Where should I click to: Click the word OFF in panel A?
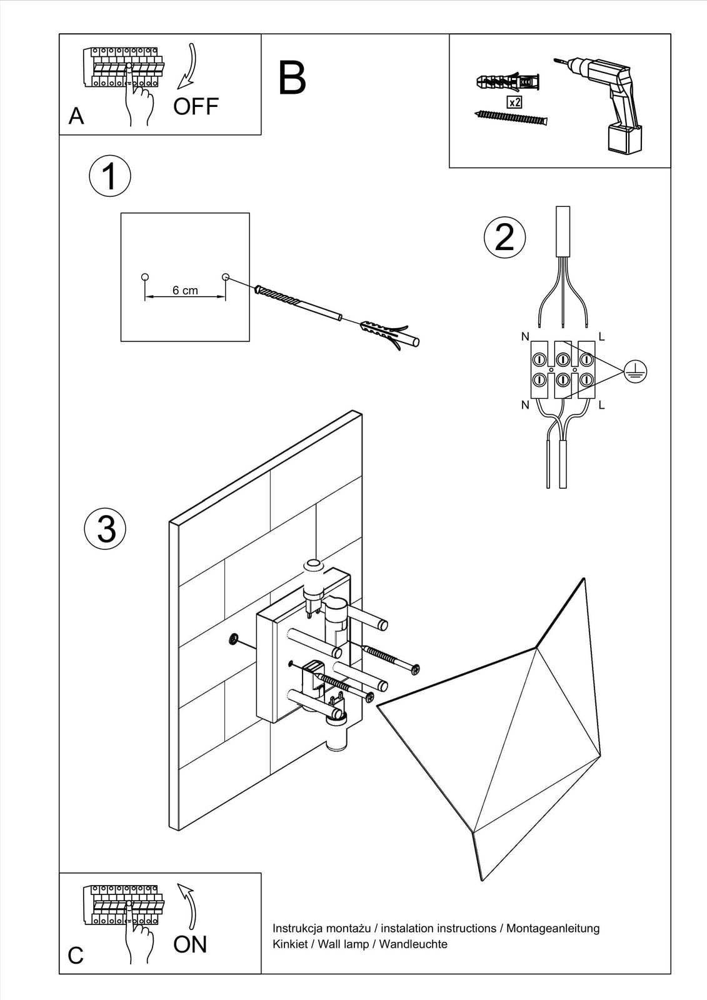pos(196,107)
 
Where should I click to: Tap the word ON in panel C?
pos(190,944)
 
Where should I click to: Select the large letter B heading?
pos(292,78)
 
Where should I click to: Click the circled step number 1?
pos(110,176)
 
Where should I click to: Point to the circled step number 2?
pos(504,237)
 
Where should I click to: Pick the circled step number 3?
pos(106,529)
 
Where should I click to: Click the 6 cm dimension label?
pos(185,291)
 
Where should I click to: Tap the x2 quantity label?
pos(514,102)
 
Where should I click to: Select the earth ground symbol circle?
pos(635,372)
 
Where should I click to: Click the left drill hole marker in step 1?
pos(145,277)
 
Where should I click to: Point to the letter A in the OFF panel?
pos(76,116)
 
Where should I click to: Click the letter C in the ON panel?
pos(76,956)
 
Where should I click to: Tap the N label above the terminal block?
pos(525,337)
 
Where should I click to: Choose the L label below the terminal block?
pos(601,405)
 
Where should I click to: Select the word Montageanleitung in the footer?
pos(553,929)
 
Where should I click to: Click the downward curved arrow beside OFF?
pos(188,66)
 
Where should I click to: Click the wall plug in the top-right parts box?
pos(508,82)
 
